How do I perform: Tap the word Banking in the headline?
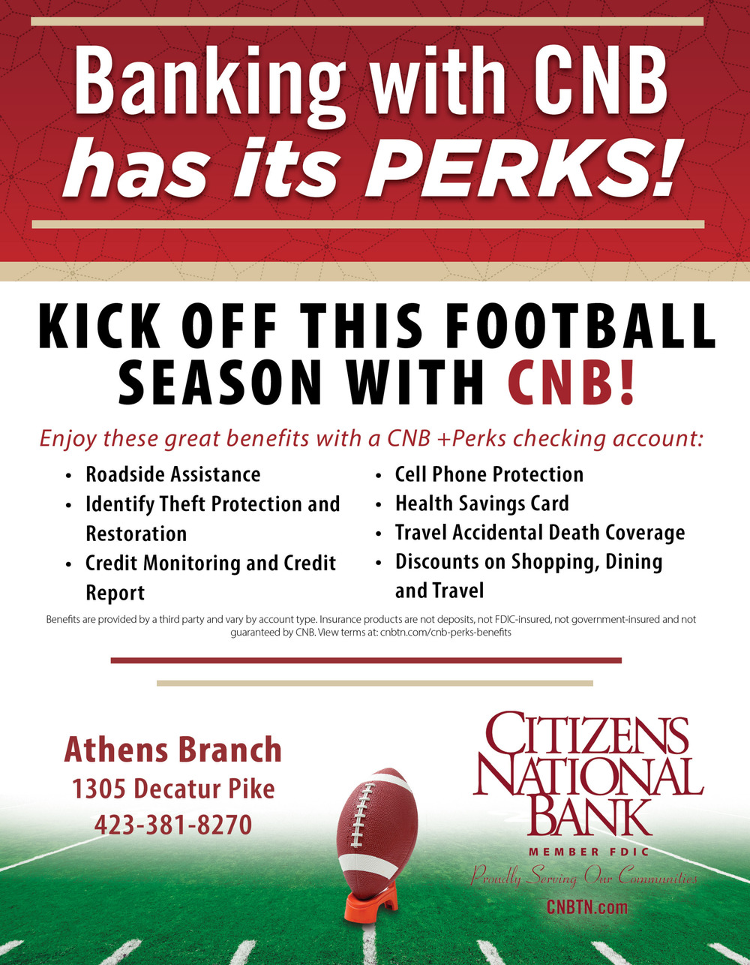click(x=209, y=81)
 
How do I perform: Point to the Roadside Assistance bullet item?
click(x=173, y=474)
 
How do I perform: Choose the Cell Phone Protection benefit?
click(x=489, y=474)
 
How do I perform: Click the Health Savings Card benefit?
click(x=482, y=504)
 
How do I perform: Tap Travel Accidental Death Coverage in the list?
click(x=540, y=533)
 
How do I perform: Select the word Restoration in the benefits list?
click(x=136, y=534)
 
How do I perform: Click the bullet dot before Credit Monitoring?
click(x=68, y=564)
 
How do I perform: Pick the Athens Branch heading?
click(x=173, y=750)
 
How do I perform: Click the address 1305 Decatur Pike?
click(x=173, y=789)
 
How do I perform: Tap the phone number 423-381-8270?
click(x=173, y=825)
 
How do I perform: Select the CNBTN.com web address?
click(x=587, y=906)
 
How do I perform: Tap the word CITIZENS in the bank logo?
click(x=586, y=732)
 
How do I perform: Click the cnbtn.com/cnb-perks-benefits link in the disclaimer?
click(x=445, y=633)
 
